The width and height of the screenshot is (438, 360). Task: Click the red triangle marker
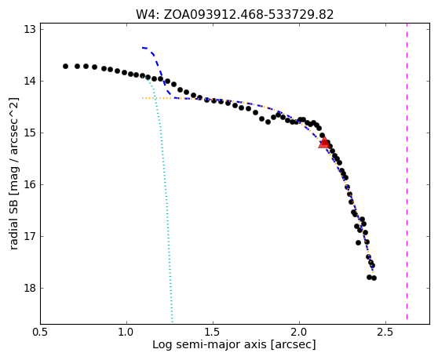pos(324,142)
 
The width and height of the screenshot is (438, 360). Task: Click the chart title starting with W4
pos(235,15)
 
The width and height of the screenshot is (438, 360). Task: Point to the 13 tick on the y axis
pos(30,29)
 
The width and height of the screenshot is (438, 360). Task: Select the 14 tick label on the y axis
pos(30,82)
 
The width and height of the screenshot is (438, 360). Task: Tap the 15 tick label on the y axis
pos(30,133)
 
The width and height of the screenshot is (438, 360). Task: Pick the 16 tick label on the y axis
pos(30,184)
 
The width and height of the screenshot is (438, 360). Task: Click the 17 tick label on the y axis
pos(30,236)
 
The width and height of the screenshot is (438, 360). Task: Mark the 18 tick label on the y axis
pos(30,288)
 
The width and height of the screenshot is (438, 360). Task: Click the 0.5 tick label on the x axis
pos(41,333)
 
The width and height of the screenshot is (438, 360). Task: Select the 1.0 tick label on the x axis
pos(127,333)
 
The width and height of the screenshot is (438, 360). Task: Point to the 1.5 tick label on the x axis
pos(214,333)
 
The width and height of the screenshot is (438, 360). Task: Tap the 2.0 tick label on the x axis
pos(299,333)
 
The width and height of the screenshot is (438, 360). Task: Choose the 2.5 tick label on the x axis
pos(385,333)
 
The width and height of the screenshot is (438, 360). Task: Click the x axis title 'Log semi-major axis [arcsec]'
pos(234,345)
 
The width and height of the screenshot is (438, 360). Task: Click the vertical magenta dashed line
pos(407,172)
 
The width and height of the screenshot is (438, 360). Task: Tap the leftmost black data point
pos(65,66)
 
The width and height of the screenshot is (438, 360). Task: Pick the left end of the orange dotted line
pos(142,98)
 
